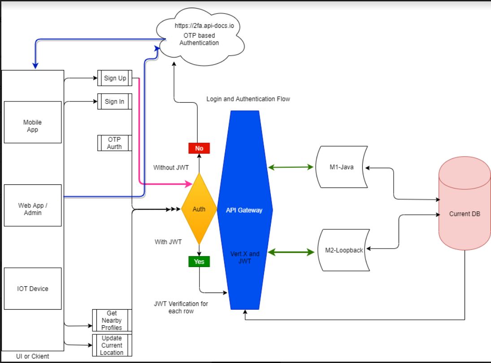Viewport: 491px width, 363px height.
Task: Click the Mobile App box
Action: tap(33, 122)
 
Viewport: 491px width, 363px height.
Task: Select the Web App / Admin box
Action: tap(33, 205)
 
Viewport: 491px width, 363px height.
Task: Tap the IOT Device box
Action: tap(33, 289)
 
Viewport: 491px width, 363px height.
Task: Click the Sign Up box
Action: tap(115, 78)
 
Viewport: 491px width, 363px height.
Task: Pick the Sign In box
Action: tap(114, 101)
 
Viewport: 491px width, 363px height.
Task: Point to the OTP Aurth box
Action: tap(114, 143)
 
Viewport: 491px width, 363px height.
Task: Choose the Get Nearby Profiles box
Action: tap(112, 320)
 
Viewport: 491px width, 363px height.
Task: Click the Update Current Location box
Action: tap(112, 346)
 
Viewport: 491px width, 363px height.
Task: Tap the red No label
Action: tap(199, 148)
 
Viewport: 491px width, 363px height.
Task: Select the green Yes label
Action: tap(199, 261)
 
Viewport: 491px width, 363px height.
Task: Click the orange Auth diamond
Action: tap(199, 209)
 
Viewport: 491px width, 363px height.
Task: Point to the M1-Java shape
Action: tap(341, 167)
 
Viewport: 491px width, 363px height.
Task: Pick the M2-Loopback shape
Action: tap(343, 250)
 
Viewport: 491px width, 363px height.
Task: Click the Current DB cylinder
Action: tap(465, 214)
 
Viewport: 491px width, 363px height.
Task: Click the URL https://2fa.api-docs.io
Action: tap(204, 26)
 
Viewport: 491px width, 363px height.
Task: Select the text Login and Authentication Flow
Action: tap(248, 99)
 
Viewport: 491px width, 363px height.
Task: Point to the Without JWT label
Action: tap(170, 167)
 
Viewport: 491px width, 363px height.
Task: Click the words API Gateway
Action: tap(244, 210)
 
